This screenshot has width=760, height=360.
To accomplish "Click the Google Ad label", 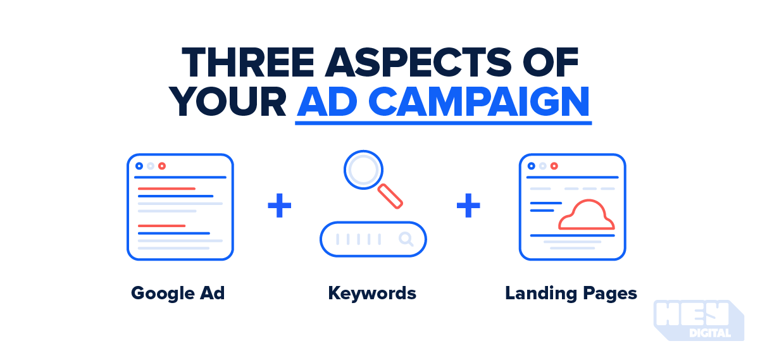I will [178, 294].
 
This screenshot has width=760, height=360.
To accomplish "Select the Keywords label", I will [372, 294].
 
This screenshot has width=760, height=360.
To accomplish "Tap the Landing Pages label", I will [571, 294].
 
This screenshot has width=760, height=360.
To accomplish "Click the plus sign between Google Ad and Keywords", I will [279, 207].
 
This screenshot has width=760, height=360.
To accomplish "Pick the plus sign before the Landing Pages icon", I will [468, 207].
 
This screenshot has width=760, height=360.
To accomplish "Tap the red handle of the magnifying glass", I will [390, 196].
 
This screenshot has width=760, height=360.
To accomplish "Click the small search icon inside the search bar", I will [406, 239].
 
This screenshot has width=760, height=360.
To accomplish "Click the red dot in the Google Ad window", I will [162, 166].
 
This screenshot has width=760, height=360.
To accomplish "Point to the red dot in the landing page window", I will [554, 166].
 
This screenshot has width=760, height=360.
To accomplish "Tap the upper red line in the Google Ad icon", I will [166, 189].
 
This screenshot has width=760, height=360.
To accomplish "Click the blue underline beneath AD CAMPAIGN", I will [443, 122].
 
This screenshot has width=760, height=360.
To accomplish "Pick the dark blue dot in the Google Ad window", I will [139, 166].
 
